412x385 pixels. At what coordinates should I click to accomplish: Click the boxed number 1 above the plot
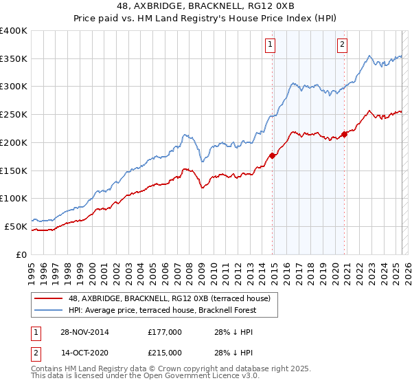pyautogui.click(x=271, y=45)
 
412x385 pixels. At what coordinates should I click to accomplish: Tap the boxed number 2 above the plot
pyautogui.click(x=342, y=45)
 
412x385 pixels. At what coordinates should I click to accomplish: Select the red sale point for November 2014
pyautogui.click(x=273, y=155)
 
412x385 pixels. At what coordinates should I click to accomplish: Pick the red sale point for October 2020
pyautogui.click(x=345, y=134)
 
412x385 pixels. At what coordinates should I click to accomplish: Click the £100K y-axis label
pyautogui.click(x=14, y=198)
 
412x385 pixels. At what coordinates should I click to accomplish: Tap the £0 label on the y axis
pyautogui.click(x=21, y=254)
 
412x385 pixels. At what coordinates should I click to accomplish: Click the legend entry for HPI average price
pyautogui.click(x=162, y=310)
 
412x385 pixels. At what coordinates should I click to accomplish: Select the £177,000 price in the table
pyautogui.click(x=165, y=332)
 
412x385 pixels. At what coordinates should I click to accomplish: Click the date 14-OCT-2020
pyautogui.click(x=83, y=353)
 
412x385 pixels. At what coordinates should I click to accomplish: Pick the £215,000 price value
pyautogui.click(x=165, y=353)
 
